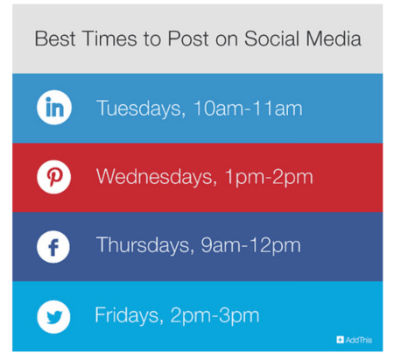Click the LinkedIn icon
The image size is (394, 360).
point(54,108)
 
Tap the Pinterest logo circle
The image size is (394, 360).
point(54,177)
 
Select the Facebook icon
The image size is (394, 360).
point(53,247)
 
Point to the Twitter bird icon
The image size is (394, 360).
point(53,317)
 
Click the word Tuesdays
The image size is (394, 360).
point(141,109)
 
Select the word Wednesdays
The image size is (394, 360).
point(157,177)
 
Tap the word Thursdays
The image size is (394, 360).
point(145,245)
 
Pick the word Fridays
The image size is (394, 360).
point(129,315)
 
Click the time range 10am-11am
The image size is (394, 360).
point(248,109)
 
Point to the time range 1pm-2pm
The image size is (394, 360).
point(269,178)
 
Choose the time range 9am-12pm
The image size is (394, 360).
point(250,246)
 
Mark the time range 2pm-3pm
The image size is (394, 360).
point(215,316)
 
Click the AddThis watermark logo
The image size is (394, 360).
point(355,340)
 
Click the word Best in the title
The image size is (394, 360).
point(55,39)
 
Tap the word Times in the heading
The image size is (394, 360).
point(109,39)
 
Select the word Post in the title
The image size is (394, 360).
point(188,39)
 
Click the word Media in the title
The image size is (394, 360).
point(334,39)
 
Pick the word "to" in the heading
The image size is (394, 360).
point(152,39)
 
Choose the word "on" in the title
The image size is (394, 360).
point(227,41)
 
